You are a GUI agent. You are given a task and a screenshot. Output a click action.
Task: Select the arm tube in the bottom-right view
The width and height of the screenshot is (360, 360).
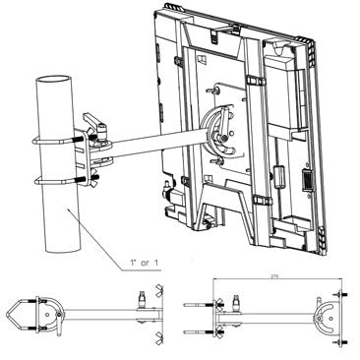coord(275,314)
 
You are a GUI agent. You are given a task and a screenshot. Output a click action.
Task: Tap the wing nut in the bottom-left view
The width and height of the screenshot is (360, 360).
coord(151,295)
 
